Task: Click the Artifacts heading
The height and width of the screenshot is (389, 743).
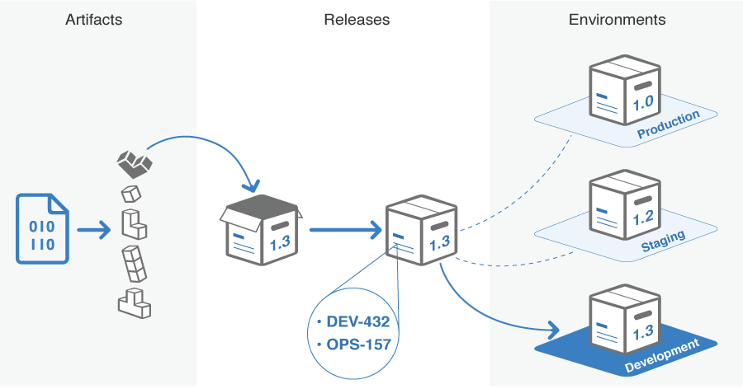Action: tap(93, 19)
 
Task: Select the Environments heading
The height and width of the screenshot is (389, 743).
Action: tap(617, 19)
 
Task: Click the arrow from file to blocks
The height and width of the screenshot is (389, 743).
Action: tap(93, 229)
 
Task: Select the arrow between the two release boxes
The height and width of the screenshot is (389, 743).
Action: tap(345, 229)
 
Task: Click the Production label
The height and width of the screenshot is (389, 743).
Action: tap(668, 124)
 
